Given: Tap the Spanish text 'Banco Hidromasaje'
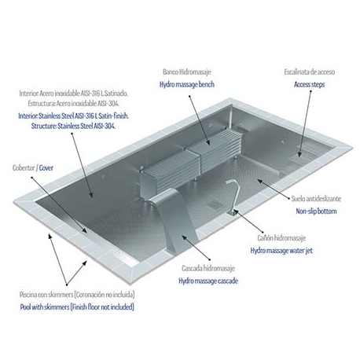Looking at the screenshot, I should click(187, 70).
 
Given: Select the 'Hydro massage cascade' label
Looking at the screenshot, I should click(208, 280).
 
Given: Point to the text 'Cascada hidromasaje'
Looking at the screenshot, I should click(206, 267).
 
